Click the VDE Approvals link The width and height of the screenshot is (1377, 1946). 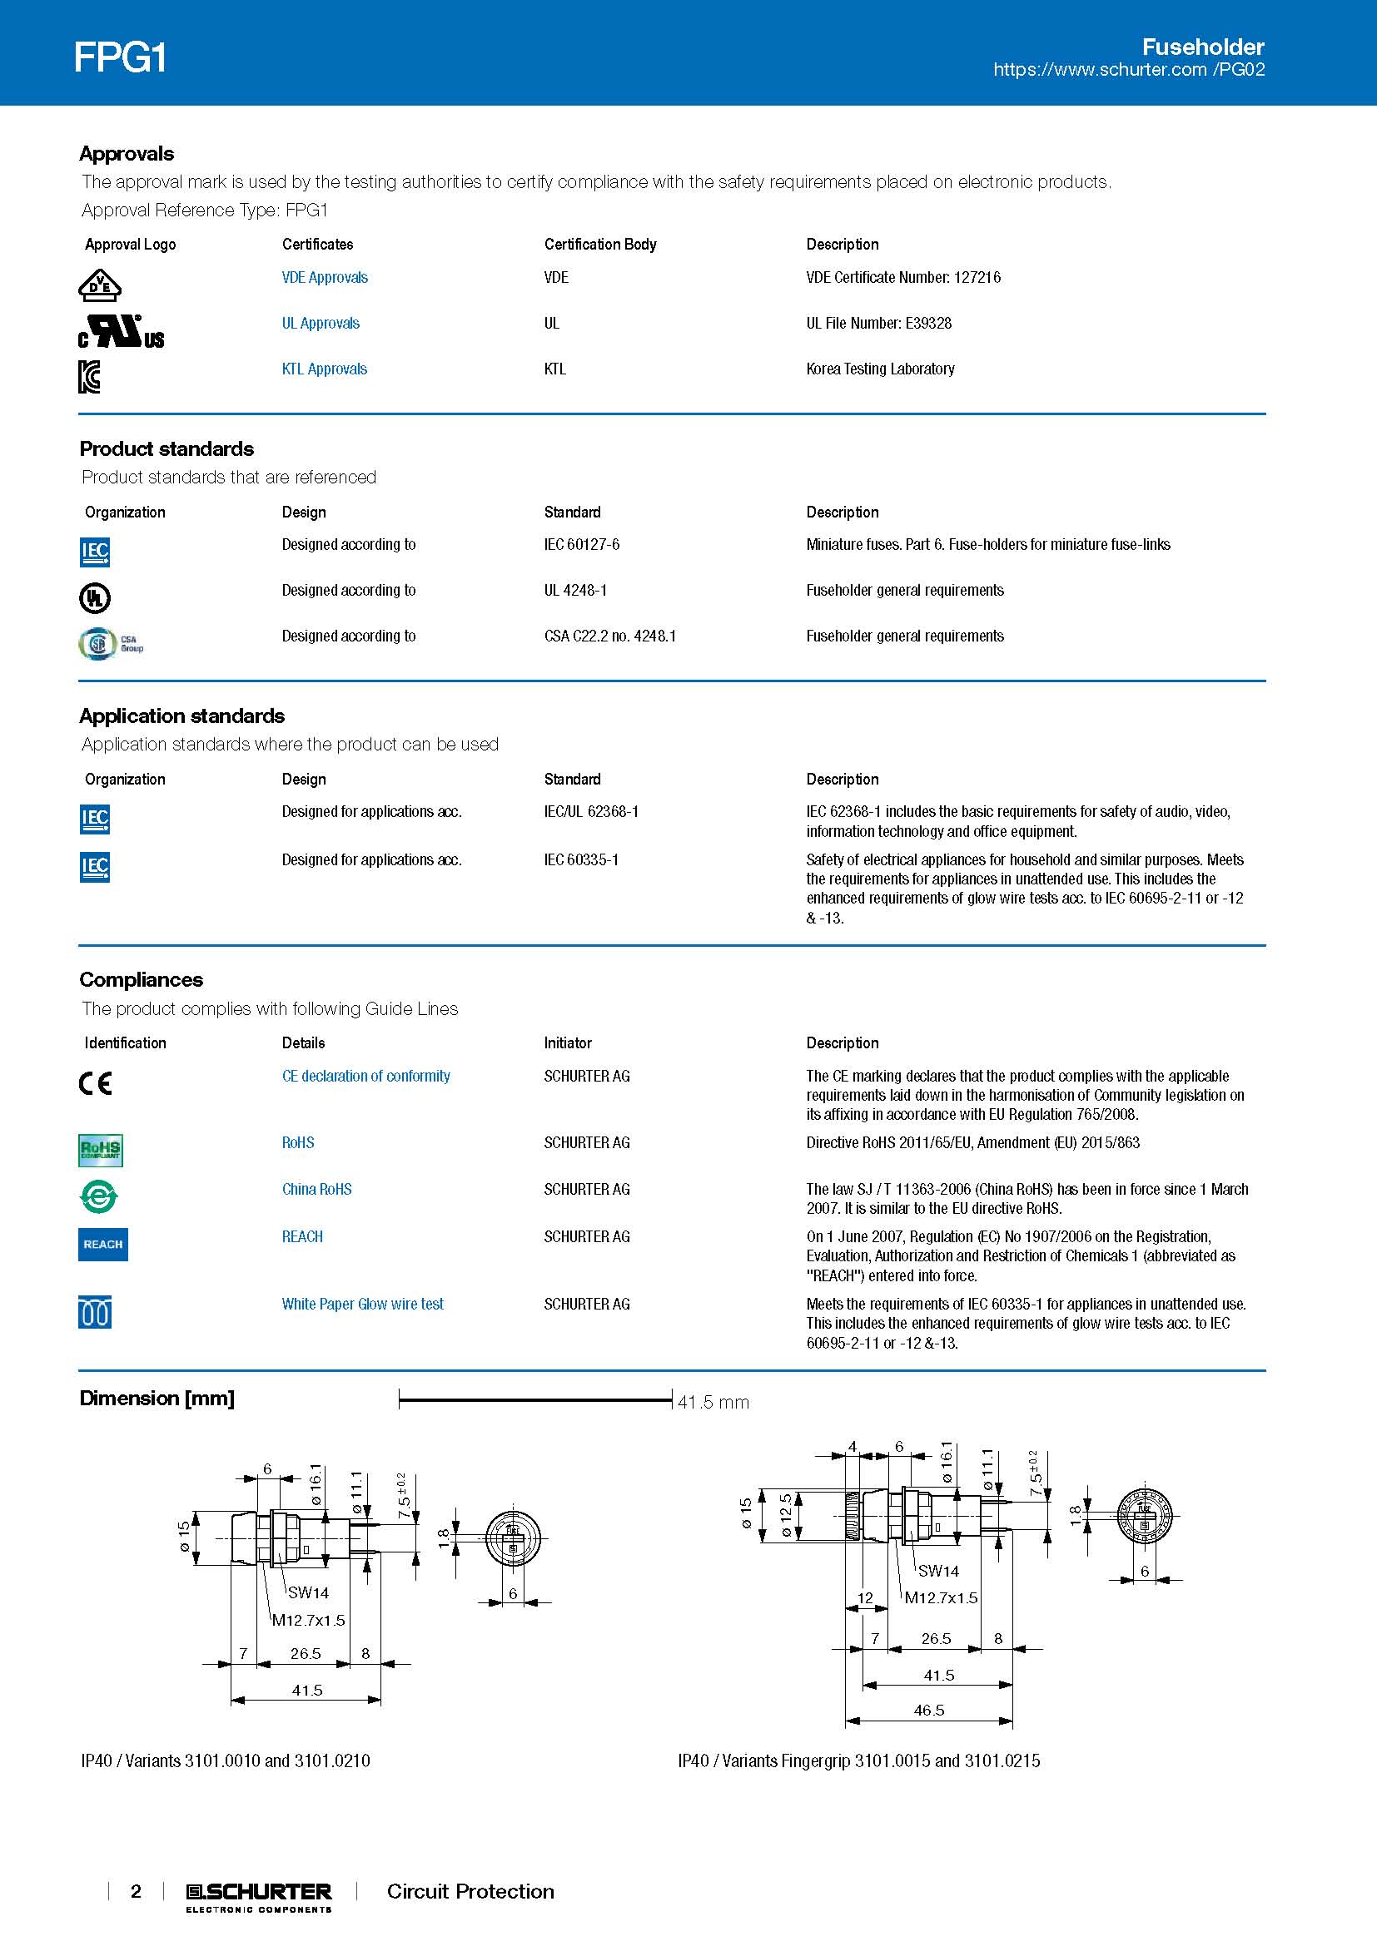pos(325,277)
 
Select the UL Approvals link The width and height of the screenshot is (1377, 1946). pos(321,323)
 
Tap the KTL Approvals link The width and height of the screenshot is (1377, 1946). pos(324,369)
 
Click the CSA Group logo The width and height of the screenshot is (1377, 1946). pos(110,643)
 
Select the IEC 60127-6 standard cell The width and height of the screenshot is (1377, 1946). pos(582,544)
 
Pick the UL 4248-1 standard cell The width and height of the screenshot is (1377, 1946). pos(575,590)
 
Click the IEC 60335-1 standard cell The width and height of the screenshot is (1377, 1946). pos(581,859)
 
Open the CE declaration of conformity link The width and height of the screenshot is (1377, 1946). pos(365,1076)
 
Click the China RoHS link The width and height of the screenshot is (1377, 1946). pos(316,1189)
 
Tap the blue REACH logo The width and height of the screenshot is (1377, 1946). pos(102,1244)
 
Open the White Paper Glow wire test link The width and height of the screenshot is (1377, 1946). pos(362,1304)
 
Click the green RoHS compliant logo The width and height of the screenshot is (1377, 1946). pos(100,1150)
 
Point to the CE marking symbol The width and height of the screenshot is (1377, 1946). pos(95,1083)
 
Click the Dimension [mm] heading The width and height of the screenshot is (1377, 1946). pos(157,1399)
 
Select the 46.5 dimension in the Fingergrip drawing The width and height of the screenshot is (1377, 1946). pos(928,1711)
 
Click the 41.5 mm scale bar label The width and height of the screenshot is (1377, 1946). pos(713,1402)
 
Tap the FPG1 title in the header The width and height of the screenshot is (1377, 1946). pos(120,57)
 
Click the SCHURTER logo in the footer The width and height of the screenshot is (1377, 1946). pos(259,1892)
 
